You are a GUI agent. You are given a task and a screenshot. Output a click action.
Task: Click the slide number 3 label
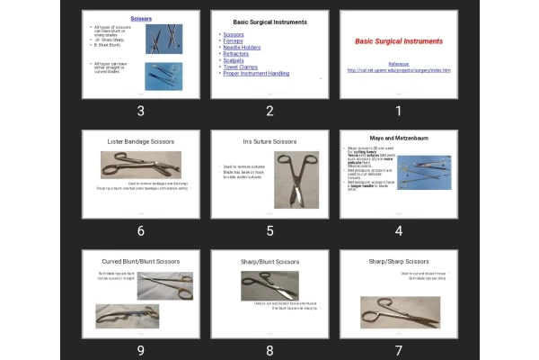[x=140, y=111]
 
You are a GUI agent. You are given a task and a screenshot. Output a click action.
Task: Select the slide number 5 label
[x=269, y=230]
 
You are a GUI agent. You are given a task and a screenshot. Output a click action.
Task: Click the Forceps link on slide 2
[x=234, y=40]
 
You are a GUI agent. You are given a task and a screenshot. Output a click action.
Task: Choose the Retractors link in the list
[x=236, y=54]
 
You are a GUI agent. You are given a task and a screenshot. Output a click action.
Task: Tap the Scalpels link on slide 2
[x=234, y=60]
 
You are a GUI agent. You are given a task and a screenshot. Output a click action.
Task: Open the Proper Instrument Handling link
[x=255, y=73]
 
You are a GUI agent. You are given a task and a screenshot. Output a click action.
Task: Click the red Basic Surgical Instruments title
[x=398, y=41]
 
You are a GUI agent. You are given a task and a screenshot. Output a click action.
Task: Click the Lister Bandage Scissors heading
[x=140, y=141]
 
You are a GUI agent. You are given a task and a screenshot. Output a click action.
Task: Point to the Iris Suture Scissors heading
[x=269, y=141]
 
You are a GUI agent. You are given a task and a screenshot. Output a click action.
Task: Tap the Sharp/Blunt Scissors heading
[x=269, y=262]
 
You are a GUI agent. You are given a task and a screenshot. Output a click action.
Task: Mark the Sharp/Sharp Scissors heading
[x=398, y=262]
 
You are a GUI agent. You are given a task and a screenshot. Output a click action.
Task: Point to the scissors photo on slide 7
[x=400, y=311]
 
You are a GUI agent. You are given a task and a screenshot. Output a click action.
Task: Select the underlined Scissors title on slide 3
[x=140, y=18]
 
